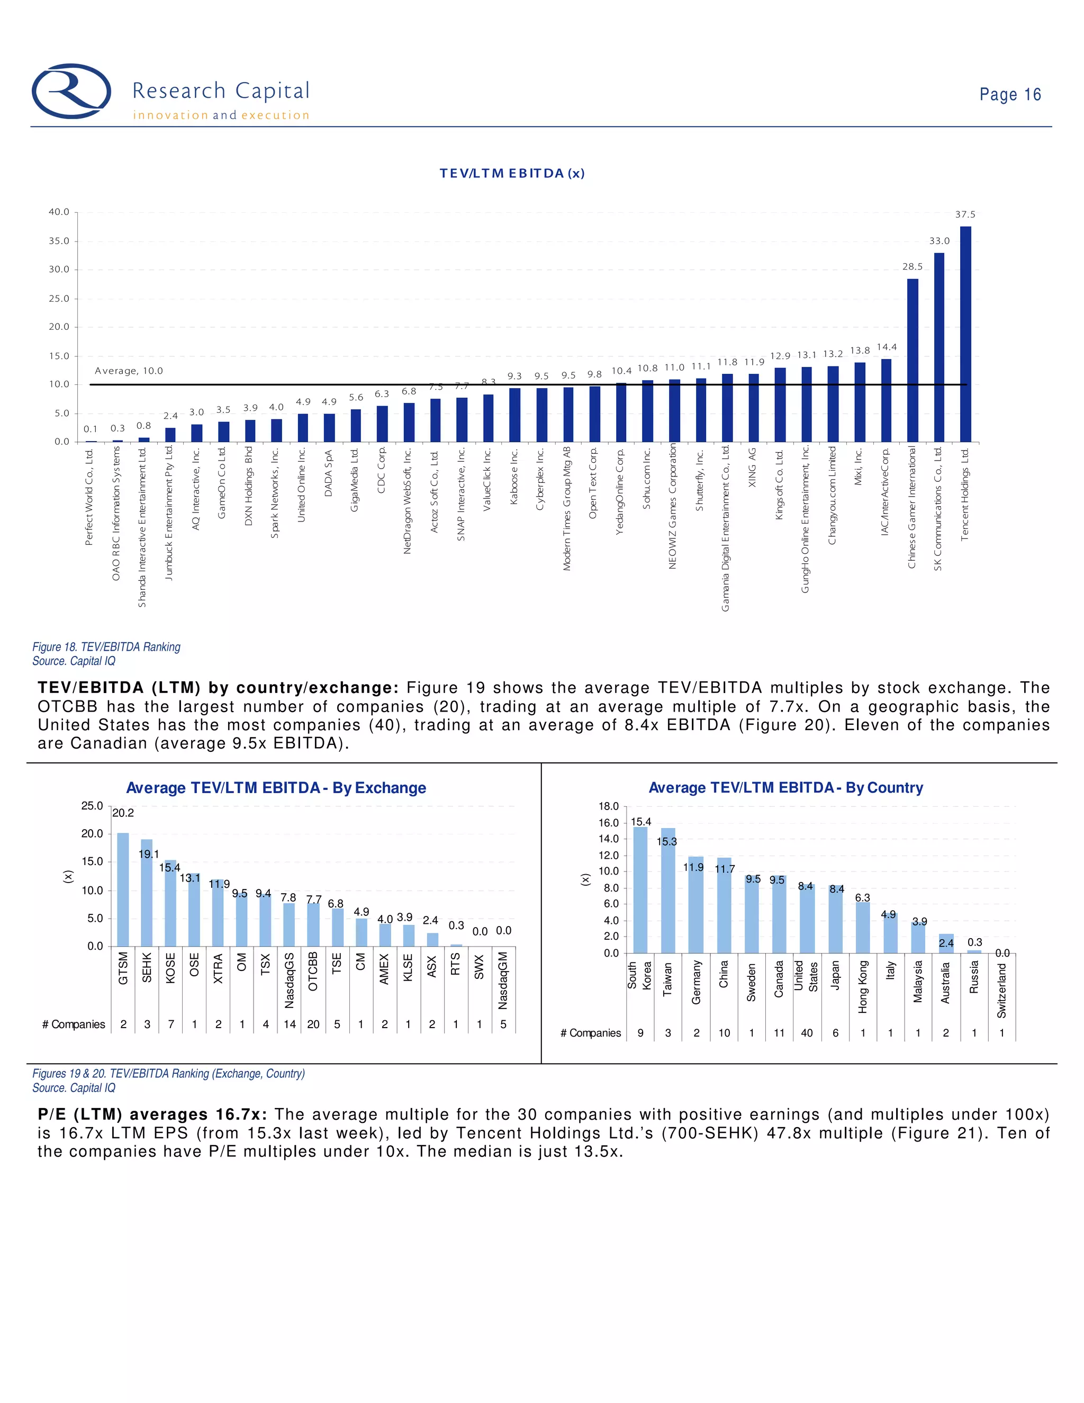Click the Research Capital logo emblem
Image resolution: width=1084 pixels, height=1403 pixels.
[71, 91]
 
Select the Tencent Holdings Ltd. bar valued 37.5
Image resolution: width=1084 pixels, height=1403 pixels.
[965, 334]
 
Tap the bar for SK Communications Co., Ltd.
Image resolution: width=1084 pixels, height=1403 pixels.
[939, 347]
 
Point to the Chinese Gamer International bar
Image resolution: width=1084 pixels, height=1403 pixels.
[912, 359]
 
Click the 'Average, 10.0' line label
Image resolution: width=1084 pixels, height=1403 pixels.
[129, 371]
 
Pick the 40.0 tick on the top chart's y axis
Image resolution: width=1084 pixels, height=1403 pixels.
[59, 212]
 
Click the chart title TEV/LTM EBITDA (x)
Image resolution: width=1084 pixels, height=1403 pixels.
[512, 174]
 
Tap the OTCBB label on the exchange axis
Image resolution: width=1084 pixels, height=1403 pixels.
[313, 972]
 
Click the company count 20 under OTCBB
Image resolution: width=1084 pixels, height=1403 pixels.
[313, 1024]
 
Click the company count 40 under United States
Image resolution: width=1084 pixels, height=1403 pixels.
[807, 1033]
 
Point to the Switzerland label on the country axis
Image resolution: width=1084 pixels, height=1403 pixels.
[1002, 990]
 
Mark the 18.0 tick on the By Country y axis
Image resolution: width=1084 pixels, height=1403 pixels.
[609, 806]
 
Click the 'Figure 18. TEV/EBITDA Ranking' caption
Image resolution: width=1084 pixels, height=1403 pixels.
[106, 647]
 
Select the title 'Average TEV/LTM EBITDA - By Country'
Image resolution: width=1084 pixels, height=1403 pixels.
[785, 788]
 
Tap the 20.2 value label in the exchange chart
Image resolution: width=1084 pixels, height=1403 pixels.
[123, 813]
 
